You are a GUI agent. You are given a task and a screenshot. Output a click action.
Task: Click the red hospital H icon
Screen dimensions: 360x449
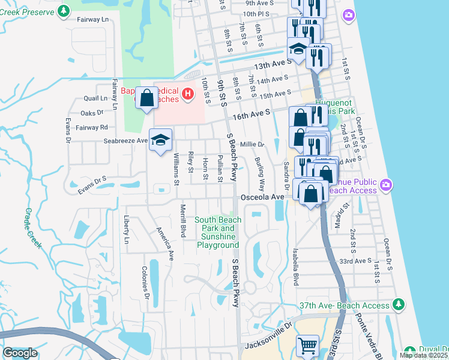click(x=188, y=94)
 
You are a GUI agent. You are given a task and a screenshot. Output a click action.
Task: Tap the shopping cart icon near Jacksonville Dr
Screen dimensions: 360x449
click(x=307, y=345)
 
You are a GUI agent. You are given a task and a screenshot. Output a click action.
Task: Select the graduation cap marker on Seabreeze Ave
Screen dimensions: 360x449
click(x=160, y=140)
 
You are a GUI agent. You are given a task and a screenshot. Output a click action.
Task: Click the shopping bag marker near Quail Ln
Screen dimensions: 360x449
click(x=146, y=97)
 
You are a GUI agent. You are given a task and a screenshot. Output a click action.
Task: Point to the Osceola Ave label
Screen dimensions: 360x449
click(x=262, y=197)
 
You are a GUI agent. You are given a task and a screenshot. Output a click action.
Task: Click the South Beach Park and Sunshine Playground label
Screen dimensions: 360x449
click(x=217, y=232)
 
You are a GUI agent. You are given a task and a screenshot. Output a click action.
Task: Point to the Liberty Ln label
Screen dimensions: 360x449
click(x=127, y=230)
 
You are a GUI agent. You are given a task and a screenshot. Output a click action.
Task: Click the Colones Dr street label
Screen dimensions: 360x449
click(x=145, y=283)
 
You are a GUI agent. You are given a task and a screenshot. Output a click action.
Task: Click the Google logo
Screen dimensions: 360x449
click(x=20, y=353)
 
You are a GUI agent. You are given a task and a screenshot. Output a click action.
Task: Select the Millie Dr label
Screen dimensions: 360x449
click(x=252, y=145)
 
